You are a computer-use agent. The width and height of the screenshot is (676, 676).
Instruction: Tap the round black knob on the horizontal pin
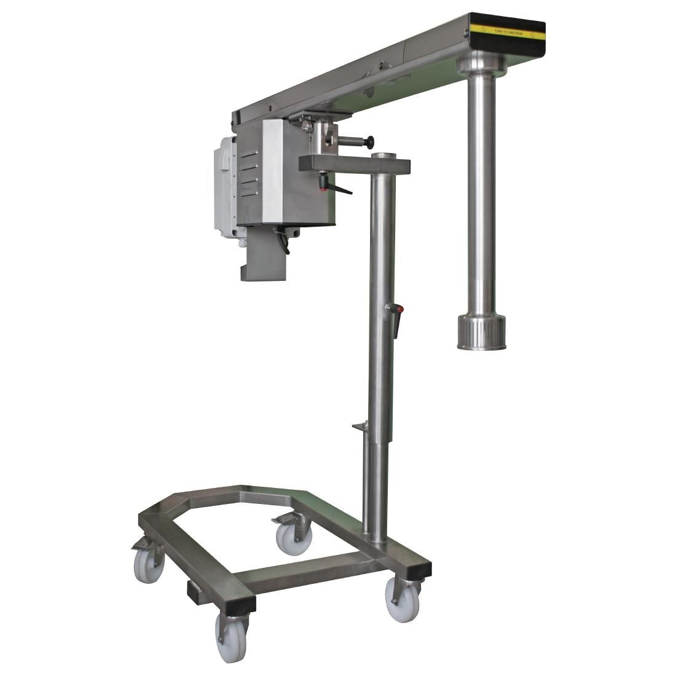369,143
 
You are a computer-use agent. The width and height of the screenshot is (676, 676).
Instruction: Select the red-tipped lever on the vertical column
396,320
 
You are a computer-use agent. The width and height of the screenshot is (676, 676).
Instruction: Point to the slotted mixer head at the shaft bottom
481,332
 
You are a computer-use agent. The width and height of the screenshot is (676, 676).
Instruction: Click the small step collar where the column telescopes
360,425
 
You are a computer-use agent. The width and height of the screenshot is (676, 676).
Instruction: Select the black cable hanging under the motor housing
283,239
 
